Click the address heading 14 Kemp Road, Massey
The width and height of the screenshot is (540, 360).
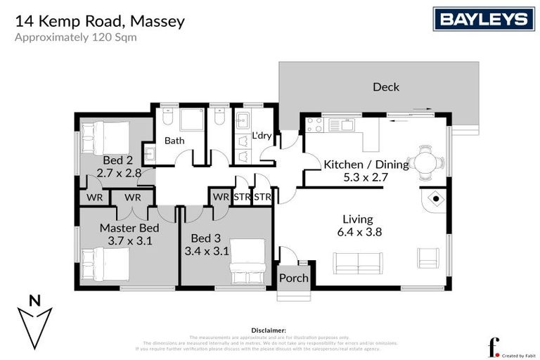(x=100, y=21)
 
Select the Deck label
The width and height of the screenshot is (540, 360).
(x=385, y=87)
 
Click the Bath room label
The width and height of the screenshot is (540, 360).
(x=174, y=141)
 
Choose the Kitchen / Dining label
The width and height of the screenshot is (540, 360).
(x=366, y=165)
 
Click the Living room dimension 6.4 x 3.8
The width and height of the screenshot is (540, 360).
(x=359, y=233)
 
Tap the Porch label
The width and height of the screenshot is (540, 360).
(x=294, y=278)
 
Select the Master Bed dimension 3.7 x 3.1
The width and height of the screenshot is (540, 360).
(x=129, y=241)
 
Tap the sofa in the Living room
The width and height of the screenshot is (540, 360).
(x=359, y=264)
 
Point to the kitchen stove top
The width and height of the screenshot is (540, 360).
(x=314, y=125)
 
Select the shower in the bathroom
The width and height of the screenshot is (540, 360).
(x=192, y=120)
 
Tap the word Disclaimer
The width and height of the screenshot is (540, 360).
(x=269, y=330)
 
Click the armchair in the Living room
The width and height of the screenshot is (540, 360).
(x=427, y=257)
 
